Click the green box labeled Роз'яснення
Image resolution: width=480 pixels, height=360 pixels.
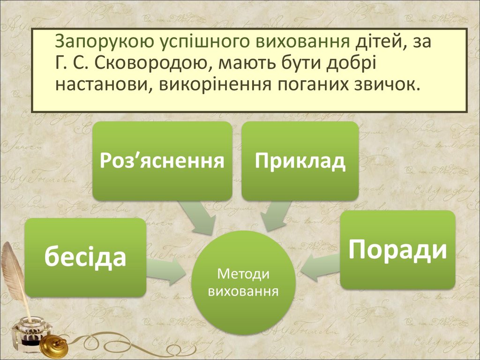pos(162,161)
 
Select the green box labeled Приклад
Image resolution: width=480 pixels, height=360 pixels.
pos(300,161)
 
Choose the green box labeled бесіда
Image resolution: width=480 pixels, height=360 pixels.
pos(85,257)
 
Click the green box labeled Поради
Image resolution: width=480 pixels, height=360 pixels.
pos(397,249)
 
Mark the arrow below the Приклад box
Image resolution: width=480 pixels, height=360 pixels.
pos(276,215)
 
